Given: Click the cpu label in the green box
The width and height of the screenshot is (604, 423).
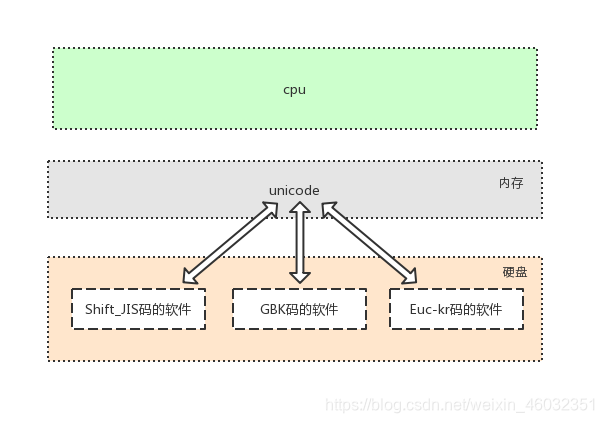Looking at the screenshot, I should coord(294,90).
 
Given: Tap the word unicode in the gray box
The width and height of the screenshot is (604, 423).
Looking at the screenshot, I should coord(294,190).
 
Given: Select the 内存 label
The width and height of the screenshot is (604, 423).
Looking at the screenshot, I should coord(510,184).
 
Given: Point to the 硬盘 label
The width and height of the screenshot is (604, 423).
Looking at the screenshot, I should coord(514,272).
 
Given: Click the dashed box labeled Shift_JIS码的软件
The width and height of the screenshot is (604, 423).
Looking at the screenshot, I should coord(138,309).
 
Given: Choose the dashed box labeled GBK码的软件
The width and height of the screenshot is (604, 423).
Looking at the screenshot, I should coord(298,309).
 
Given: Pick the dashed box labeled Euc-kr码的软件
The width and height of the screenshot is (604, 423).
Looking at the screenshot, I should coord(457,309).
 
